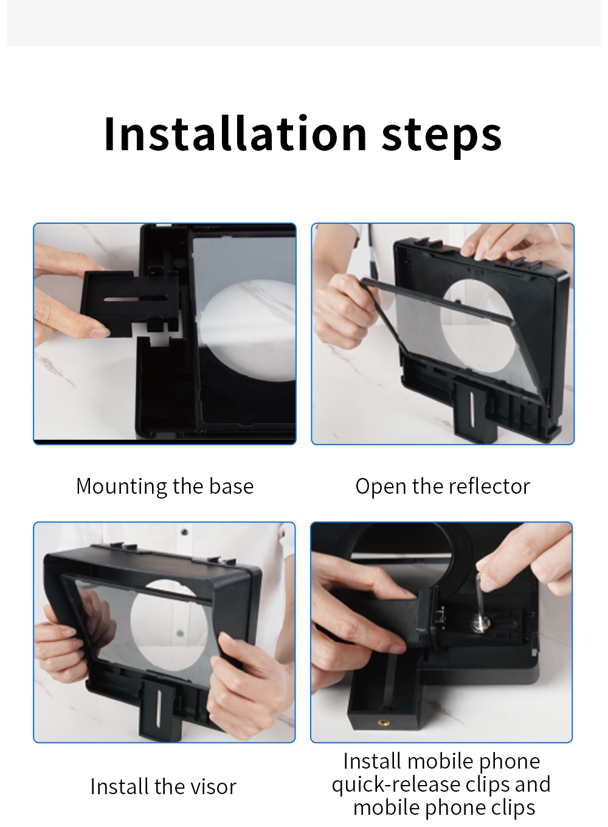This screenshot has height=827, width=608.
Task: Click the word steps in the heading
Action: click(x=441, y=137)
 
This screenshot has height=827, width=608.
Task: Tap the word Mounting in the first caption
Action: click(x=122, y=487)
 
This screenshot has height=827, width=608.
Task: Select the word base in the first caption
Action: click(x=232, y=486)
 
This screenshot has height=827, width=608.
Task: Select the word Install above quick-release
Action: click(x=372, y=761)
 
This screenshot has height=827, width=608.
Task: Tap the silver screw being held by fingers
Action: click(x=480, y=601)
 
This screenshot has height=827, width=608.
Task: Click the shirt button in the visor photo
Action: click(x=185, y=532)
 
